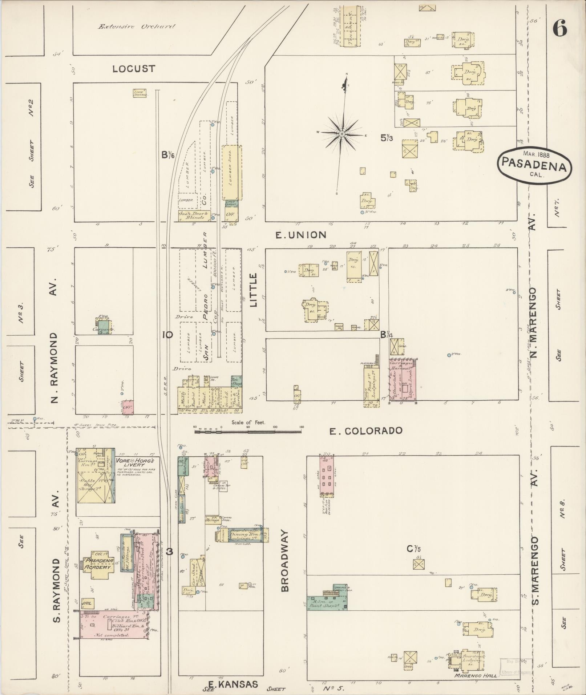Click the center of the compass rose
342,134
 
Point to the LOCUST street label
134,69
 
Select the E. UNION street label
300,235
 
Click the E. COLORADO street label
365,431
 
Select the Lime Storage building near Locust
140,93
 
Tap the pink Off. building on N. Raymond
128,407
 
